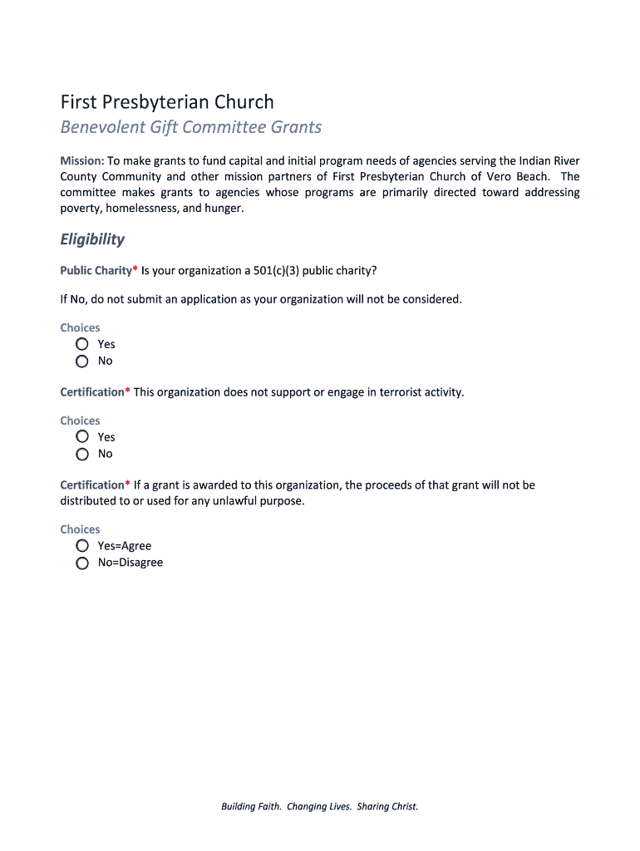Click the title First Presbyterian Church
pyautogui.click(x=166, y=102)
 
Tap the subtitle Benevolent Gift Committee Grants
pyautogui.click(x=190, y=127)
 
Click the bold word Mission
pyautogui.click(x=81, y=160)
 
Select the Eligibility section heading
pyautogui.click(x=92, y=239)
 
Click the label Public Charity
pyautogui.click(x=96, y=270)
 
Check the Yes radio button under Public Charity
pyautogui.click(x=82, y=344)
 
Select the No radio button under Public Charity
pyautogui.click(x=82, y=361)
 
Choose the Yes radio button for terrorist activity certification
pyautogui.click(x=82, y=437)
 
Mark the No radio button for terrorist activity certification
pyautogui.click(x=82, y=454)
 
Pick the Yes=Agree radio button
pyautogui.click(x=82, y=546)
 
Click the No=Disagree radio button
pyautogui.click(x=82, y=563)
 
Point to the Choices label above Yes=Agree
pyautogui.click(x=80, y=529)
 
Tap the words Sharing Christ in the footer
pyautogui.click(x=387, y=806)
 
